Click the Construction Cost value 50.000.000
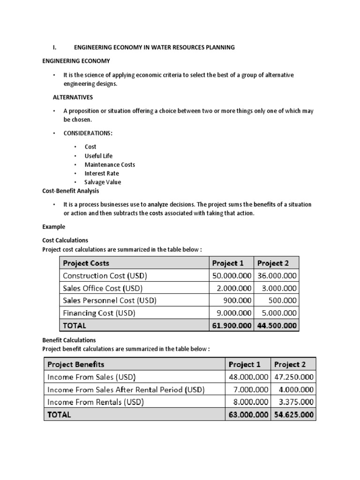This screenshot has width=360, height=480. coord(232,276)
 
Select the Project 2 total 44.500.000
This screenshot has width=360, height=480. coord(277,325)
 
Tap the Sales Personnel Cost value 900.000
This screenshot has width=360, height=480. coord(238,300)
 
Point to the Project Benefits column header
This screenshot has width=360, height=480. coord(75,364)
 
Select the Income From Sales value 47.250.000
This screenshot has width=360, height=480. coord(293,377)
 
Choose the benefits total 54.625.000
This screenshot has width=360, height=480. coord(293,415)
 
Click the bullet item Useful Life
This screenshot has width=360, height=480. coord(98,156)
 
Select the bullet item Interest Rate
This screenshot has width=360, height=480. coord(102,173)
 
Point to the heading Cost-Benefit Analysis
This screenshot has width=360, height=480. coord(71,191)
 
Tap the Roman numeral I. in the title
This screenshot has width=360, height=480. coord(54,47)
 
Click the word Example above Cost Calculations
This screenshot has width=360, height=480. coord(53,226)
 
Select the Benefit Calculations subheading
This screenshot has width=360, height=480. coord(69,340)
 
